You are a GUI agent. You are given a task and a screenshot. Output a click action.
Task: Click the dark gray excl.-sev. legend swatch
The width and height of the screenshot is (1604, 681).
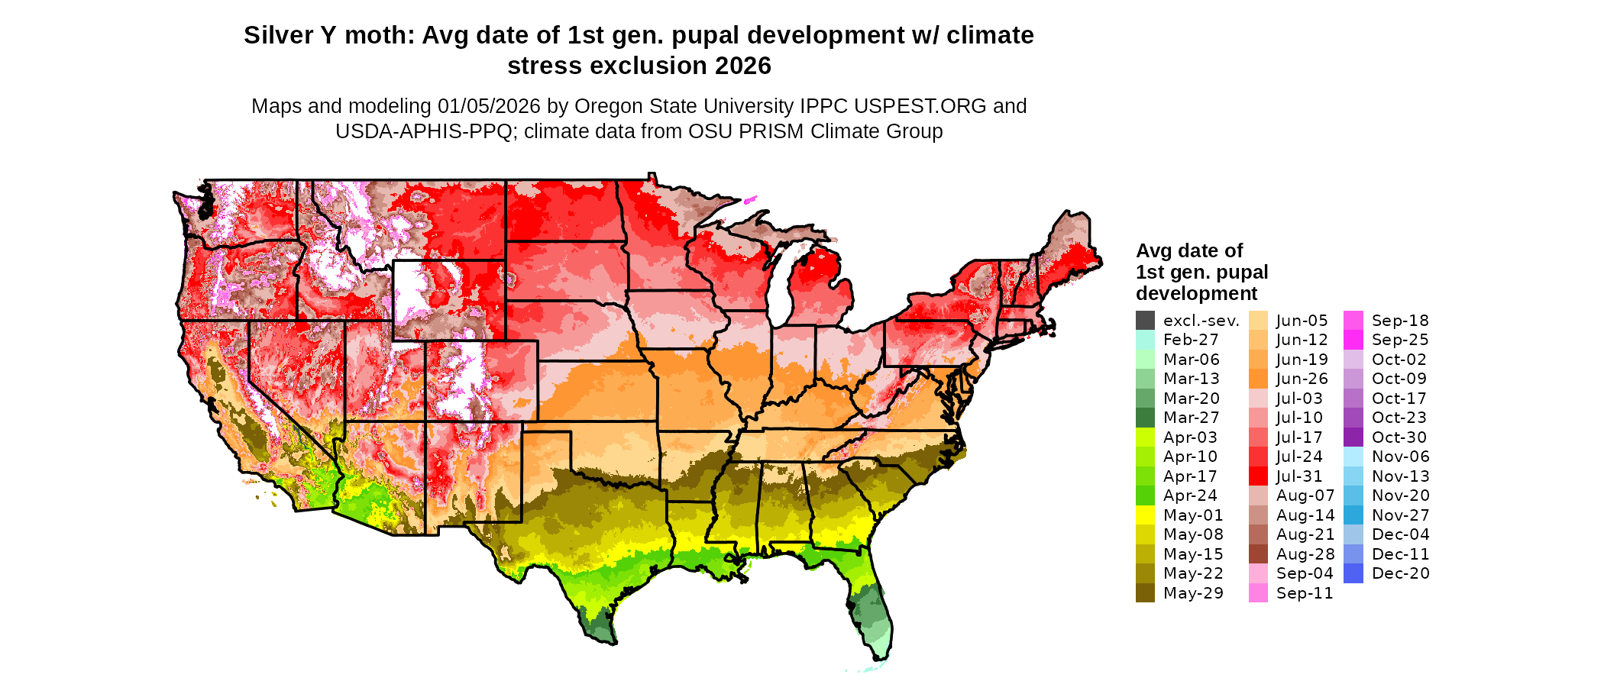point(1145,321)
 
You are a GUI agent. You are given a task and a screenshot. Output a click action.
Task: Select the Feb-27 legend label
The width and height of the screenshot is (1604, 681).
point(1191,340)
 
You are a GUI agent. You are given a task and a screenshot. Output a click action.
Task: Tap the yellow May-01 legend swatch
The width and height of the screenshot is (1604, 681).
point(1145,515)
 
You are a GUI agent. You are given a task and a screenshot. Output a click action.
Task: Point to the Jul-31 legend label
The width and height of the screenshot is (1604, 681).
point(1298,476)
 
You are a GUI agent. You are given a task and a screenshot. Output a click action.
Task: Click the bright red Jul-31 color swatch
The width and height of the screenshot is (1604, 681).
point(1258,476)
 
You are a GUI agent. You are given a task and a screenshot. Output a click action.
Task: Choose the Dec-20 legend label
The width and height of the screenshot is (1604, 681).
point(1400,573)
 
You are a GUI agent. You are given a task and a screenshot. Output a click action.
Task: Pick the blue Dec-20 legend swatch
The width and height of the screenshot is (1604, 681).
point(1353,573)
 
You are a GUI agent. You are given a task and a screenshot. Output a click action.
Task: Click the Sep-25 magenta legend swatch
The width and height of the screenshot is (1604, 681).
point(1353,340)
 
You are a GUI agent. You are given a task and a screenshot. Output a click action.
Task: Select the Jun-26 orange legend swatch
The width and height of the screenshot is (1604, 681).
point(1258,379)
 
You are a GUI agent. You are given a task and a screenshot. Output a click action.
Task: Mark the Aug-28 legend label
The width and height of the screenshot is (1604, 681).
point(1305,554)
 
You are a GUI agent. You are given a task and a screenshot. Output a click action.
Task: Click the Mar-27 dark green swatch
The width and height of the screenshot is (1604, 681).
point(1145,418)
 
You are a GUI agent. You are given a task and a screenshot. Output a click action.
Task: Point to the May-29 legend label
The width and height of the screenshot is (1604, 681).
point(1193,593)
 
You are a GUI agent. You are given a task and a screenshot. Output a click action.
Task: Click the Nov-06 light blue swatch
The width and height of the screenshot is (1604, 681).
point(1353,457)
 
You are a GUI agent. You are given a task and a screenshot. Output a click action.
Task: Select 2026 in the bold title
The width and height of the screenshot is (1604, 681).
point(742,66)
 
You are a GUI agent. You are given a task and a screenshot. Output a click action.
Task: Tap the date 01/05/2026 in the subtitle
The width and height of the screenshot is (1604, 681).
point(488,106)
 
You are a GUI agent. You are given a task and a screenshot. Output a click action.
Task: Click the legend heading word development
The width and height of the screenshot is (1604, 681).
point(1196,294)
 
